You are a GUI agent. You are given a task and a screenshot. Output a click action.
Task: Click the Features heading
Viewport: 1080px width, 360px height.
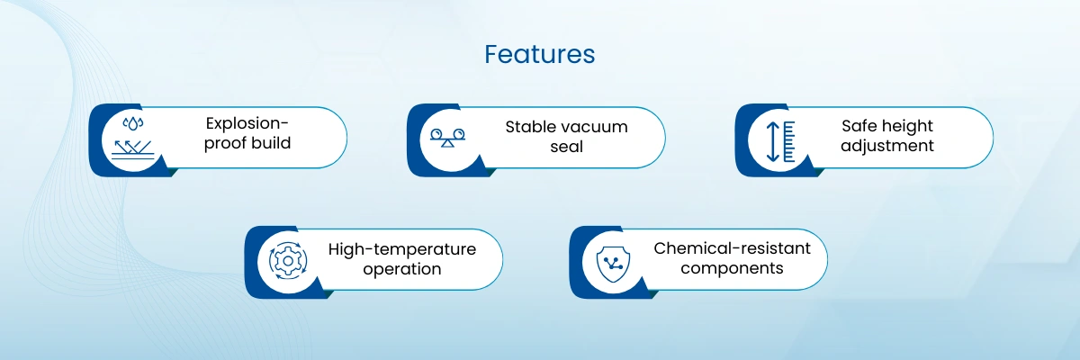click(539, 54)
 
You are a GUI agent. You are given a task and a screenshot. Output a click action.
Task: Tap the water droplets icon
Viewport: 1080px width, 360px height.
click(132, 124)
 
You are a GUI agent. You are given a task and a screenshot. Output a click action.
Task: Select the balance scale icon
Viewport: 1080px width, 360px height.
click(447, 138)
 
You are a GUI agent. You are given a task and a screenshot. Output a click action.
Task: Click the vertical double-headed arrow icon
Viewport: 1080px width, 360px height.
click(772, 141)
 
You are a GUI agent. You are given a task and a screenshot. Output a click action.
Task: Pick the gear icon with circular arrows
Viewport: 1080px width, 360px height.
click(288, 261)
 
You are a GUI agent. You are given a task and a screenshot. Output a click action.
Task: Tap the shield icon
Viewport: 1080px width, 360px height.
click(613, 264)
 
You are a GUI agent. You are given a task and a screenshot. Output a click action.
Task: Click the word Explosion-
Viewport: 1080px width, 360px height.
click(247, 123)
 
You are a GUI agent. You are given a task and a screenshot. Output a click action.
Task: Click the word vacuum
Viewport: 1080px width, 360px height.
click(597, 127)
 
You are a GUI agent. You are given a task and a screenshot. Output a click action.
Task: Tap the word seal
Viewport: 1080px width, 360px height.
click(566, 147)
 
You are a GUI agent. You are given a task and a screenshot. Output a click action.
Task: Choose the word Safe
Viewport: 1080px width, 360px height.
click(856, 126)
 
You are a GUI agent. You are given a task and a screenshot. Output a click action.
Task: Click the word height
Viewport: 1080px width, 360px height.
click(904, 126)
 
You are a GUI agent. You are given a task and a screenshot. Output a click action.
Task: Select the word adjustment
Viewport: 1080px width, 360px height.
click(887, 146)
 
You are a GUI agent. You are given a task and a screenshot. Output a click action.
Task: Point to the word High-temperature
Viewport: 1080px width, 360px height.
click(402, 249)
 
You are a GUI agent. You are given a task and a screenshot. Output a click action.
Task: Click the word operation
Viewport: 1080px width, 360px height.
click(402, 269)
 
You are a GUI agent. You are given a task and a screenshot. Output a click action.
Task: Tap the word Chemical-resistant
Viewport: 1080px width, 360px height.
click(732, 248)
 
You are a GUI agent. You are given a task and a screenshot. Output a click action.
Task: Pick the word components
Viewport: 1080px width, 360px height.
click(732, 268)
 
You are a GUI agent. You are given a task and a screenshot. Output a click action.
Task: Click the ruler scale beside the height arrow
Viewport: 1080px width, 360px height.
click(789, 141)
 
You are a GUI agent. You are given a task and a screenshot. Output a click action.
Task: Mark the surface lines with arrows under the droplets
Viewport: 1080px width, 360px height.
click(132, 149)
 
